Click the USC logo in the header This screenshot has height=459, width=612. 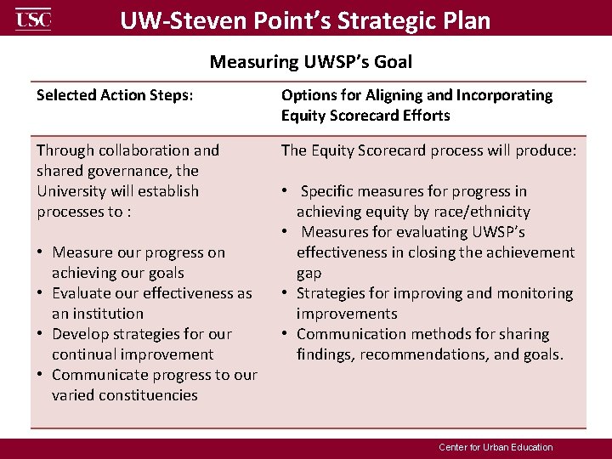33,19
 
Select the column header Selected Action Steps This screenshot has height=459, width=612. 115,95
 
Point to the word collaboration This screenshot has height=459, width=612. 145,150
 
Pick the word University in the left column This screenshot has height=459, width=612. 76,191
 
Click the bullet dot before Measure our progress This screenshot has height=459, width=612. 41,252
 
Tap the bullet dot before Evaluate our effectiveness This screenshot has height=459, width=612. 41,293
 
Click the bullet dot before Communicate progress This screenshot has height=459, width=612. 41,375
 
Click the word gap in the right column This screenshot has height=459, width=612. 309,273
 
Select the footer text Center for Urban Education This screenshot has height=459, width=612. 496,447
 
